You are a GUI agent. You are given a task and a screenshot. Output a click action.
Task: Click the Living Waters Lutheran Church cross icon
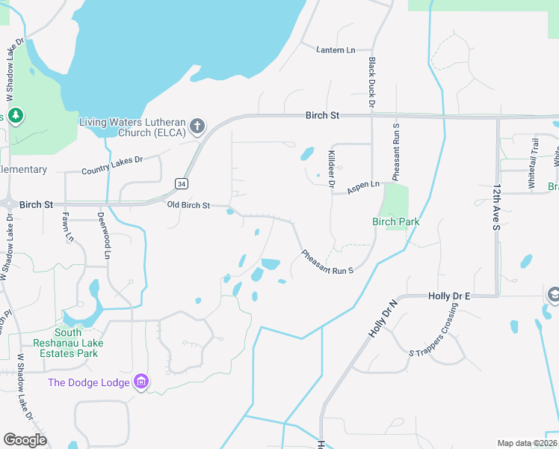[x=197, y=126]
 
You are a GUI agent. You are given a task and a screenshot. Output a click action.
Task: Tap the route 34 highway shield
[x=182, y=183]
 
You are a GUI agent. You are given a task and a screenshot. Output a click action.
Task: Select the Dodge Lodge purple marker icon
[x=140, y=382]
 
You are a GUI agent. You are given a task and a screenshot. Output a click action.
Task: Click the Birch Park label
[x=396, y=222]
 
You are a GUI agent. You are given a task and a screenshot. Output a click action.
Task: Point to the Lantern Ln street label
[x=336, y=50]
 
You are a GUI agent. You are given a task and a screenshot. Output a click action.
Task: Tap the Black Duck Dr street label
[x=371, y=84]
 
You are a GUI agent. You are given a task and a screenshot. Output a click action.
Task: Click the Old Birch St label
[x=188, y=205]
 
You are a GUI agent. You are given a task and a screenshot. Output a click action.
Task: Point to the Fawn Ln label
[x=67, y=227]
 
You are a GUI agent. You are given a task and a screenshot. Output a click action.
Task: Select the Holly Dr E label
[x=449, y=296]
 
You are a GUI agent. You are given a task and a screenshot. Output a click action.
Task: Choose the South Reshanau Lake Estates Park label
[x=67, y=343]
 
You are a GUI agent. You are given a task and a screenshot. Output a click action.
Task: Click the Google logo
[x=25, y=440]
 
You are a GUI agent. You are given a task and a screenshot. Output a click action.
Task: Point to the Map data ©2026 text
[x=526, y=443]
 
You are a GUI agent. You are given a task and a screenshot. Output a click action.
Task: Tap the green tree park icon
[x=15, y=116]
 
